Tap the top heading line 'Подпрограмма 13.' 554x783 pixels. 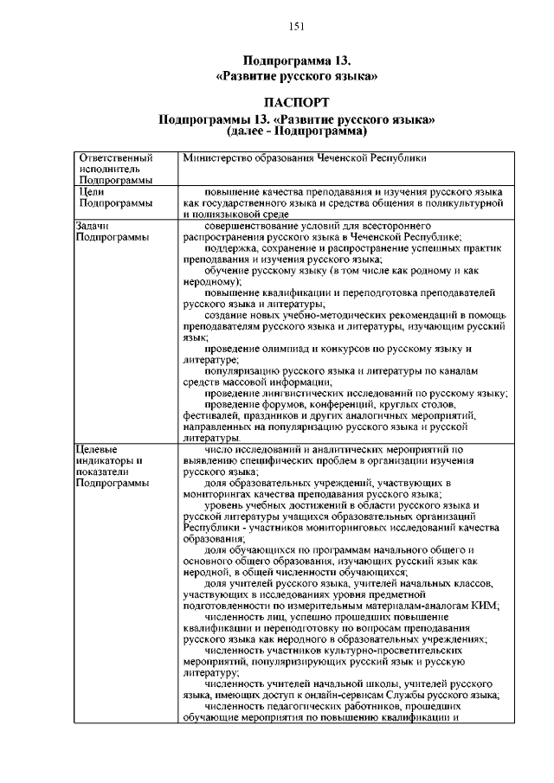click(296, 61)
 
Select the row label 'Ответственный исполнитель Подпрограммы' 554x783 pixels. click(116, 170)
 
